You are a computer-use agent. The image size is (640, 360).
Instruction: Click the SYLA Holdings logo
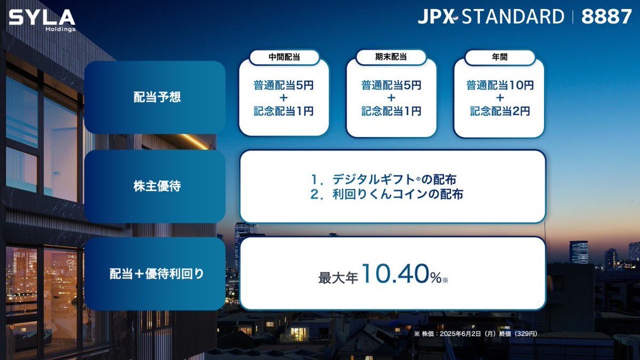[42, 20]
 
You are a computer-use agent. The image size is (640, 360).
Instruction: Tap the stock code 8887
[606, 17]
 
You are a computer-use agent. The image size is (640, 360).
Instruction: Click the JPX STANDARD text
[491, 17]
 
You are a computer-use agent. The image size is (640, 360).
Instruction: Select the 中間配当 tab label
[284, 57]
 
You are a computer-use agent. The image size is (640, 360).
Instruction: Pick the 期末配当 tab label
[391, 57]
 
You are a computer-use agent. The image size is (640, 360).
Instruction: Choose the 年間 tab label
[500, 57]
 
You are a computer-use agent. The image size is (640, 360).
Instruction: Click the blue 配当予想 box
[155, 97]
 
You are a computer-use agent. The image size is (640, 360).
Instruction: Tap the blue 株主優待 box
[155, 186]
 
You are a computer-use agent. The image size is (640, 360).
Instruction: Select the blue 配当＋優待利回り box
[155, 274]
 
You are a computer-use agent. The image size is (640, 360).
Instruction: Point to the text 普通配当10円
[500, 85]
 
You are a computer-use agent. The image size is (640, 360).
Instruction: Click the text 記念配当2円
[500, 111]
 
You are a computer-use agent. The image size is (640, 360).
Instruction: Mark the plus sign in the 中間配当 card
[283, 98]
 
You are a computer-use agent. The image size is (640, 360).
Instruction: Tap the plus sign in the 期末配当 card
[391, 98]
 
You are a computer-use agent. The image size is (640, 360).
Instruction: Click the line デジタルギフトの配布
[383, 179]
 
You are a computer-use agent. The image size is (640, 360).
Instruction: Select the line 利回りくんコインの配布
[387, 194]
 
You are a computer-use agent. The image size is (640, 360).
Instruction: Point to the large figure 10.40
[396, 274]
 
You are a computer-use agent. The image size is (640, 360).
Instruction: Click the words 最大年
[338, 278]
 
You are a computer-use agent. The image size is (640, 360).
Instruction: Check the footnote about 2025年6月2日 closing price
[475, 334]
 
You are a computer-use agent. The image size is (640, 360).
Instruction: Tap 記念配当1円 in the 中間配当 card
[283, 111]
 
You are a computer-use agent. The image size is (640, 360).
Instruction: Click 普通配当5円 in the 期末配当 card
[391, 85]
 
